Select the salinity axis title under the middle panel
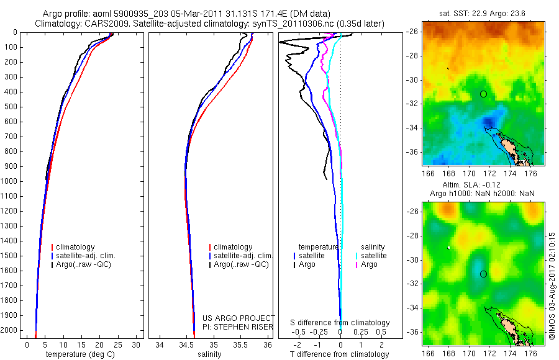tap(209, 354)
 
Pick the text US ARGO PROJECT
tap(239, 318)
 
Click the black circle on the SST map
tap(483, 94)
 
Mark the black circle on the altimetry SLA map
tap(483, 274)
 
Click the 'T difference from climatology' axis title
tap(340, 354)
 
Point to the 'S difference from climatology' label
tap(340, 323)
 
